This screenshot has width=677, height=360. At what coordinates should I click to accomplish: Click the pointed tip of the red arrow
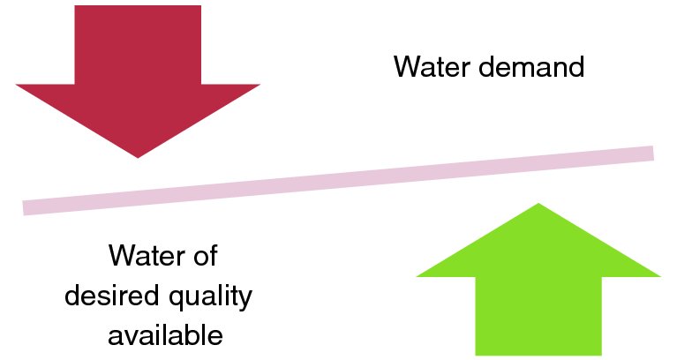[138, 156]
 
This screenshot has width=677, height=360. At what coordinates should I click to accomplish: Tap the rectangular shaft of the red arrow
[138, 44]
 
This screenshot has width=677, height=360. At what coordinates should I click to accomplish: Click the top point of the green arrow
[538, 205]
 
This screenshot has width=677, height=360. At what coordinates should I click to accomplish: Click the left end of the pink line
[25, 208]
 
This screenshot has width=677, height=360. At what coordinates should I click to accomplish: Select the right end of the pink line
[651, 154]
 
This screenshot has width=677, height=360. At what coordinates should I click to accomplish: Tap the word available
[165, 335]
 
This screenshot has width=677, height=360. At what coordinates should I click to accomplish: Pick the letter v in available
[134, 337]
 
